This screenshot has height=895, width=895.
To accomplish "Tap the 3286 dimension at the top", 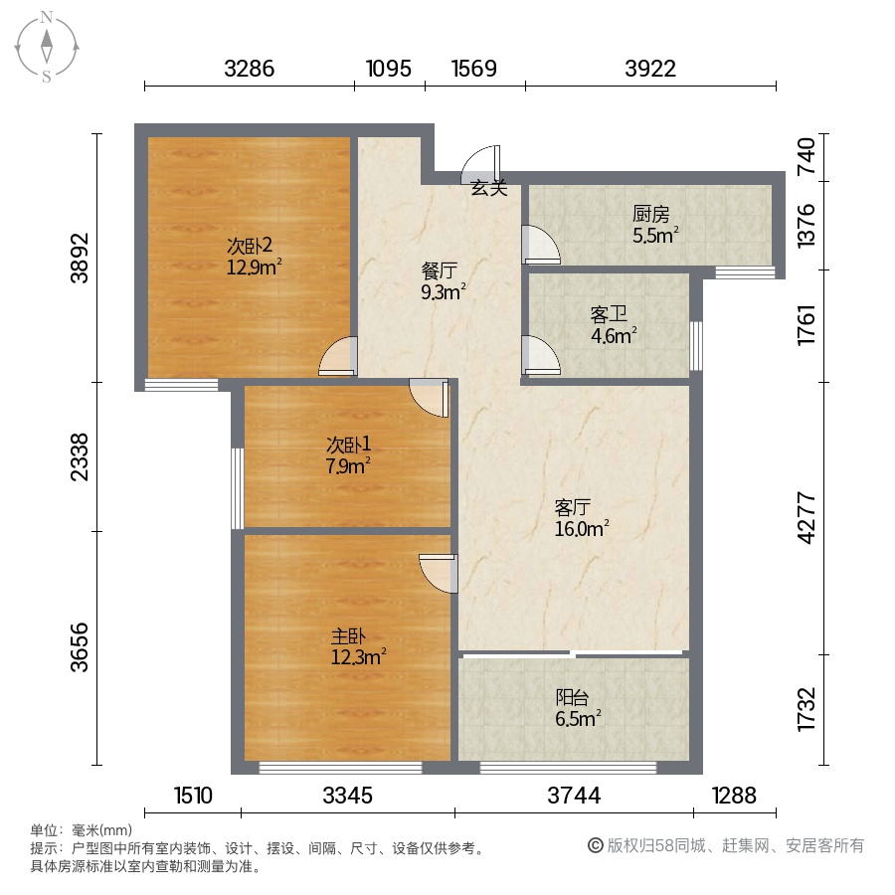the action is pyautogui.click(x=250, y=69).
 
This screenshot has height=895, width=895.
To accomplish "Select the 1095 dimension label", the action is pyautogui.click(x=389, y=69).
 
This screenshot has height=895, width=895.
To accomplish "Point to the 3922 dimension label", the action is pyautogui.click(x=650, y=69).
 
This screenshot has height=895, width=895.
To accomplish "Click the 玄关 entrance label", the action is pyautogui.click(x=489, y=188).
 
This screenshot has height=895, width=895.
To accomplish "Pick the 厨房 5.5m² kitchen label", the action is pyautogui.click(x=655, y=225).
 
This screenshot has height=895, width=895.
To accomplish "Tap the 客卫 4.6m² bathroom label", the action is pyautogui.click(x=614, y=325).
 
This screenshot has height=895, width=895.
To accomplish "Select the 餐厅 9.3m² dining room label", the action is pyautogui.click(x=443, y=280).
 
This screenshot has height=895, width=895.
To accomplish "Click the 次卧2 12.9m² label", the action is pyautogui.click(x=254, y=257).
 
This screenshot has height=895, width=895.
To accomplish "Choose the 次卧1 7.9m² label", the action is pyautogui.click(x=348, y=455).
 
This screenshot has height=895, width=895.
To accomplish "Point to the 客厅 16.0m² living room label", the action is pyautogui.click(x=582, y=518).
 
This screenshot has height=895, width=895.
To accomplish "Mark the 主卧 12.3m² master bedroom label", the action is pyautogui.click(x=358, y=646).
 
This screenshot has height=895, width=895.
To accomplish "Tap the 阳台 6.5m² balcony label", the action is pyautogui.click(x=578, y=708).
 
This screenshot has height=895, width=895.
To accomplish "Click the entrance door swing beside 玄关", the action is pyautogui.click(x=480, y=165).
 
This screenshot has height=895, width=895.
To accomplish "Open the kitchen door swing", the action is pyautogui.click(x=541, y=245).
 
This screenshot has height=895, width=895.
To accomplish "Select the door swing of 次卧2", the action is pyautogui.click(x=338, y=356).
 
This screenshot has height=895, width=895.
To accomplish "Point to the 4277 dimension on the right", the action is pyautogui.click(x=805, y=518).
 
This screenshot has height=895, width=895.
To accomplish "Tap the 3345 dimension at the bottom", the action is pyautogui.click(x=348, y=796).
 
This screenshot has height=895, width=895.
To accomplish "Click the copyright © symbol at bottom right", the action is pyautogui.click(x=596, y=845).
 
